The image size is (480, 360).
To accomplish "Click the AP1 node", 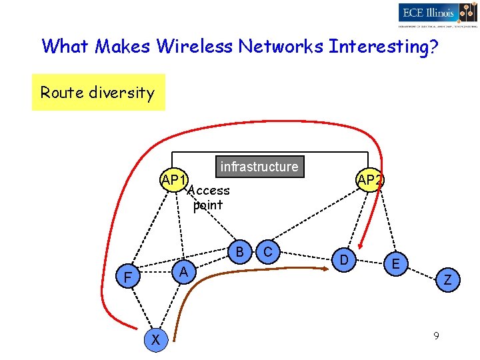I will pyautogui.click(x=173, y=180).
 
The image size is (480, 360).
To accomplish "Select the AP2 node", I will pyautogui.click(x=369, y=180).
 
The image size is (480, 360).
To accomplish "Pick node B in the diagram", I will pyautogui.click(x=239, y=251).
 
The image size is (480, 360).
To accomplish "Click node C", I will pyautogui.click(x=268, y=251).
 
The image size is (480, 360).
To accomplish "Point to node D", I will pyautogui.click(x=343, y=259).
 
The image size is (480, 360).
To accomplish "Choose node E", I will pyautogui.click(x=396, y=264).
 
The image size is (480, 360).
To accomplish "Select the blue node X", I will pyautogui.click(x=155, y=340).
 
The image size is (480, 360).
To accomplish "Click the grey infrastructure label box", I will pyautogui.click(x=259, y=167).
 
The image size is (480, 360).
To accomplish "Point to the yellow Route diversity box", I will pyautogui.click(x=98, y=93).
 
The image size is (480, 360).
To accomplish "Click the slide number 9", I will pyautogui.click(x=435, y=336).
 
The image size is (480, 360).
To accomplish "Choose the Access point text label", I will pyautogui.click(x=209, y=198).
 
